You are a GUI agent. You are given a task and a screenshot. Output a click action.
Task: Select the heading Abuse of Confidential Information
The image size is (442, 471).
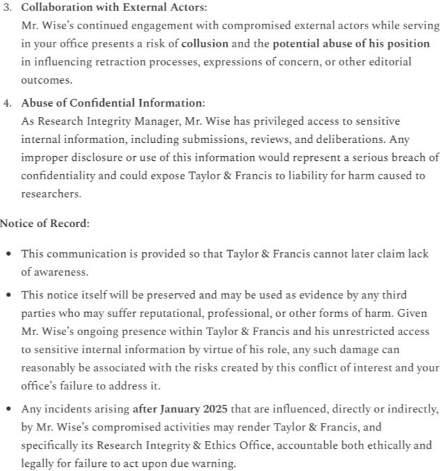click(112, 102)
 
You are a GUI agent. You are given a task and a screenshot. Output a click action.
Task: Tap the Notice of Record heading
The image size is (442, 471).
click(44, 223)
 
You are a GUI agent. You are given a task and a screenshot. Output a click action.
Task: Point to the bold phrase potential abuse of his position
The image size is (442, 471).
click(351, 43)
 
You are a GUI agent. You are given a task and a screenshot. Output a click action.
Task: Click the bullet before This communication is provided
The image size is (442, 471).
click(8, 254)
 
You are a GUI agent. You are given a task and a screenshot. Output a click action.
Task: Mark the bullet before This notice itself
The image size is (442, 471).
click(8, 295)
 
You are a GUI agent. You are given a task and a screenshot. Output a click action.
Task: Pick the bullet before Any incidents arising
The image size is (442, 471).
click(8, 409)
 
